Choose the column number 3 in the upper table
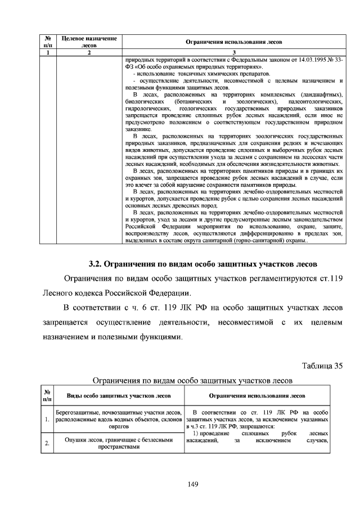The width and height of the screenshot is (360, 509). click(235, 53)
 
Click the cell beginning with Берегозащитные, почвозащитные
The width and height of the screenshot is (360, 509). click(119, 420)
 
